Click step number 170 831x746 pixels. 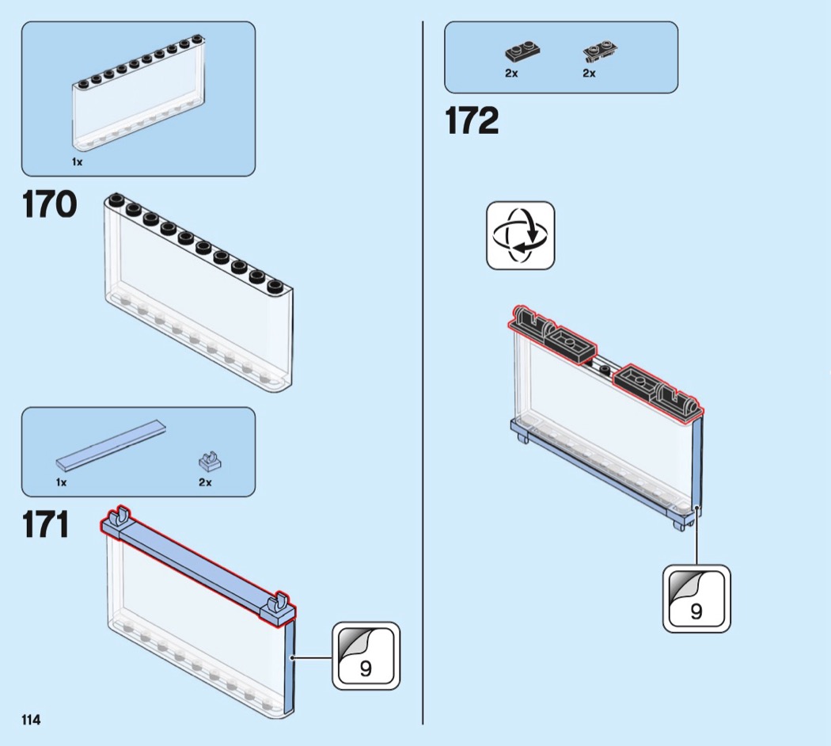(x=49, y=204)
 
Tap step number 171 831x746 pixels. (x=45, y=525)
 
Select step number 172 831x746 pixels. (x=472, y=121)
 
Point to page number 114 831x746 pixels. (x=31, y=720)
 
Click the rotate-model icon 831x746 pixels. (x=520, y=235)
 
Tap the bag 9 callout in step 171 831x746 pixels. (x=366, y=656)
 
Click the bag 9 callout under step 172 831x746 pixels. (x=696, y=599)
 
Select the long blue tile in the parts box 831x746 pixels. (x=112, y=445)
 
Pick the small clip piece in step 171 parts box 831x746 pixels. (x=209, y=459)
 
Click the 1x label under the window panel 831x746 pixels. (x=77, y=162)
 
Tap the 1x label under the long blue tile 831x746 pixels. (x=62, y=481)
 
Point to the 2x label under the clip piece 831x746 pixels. (x=205, y=481)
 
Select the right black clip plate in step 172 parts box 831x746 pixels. (x=600, y=52)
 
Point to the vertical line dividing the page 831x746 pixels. (x=423, y=372)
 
